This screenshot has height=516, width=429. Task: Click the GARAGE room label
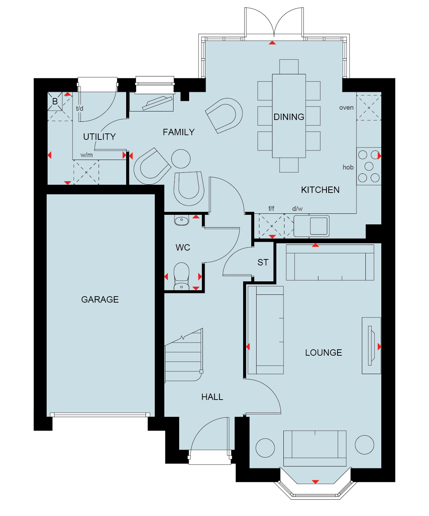click(x=100, y=299)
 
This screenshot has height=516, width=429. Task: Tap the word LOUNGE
click(x=323, y=352)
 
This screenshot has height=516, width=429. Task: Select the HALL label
click(x=212, y=397)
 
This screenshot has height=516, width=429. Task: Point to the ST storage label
click(x=263, y=263)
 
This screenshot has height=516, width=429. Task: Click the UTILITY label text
click(x=99, y=137)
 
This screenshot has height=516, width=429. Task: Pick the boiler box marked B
click(x=55, y=101)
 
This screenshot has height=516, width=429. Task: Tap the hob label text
click(x=348, y=167)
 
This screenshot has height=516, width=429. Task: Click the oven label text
click(x=346, y=108)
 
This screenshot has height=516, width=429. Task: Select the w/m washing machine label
click(x=86, y=155)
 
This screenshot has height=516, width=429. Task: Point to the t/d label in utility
click(x=80, y=108)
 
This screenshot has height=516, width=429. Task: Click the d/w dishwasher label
click(x=297, y=208)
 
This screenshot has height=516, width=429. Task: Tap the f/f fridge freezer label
click(x=271, y=208)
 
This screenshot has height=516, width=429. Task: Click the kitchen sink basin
click(x=318, y=226)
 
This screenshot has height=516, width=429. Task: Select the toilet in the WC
click(x=181, y=276)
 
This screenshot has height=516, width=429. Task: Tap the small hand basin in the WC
click(x=181, y=220)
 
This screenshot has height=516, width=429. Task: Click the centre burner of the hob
click(x=369, y=166)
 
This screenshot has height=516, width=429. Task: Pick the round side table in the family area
click(x=181, y=159)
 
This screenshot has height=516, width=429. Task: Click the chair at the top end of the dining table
click(x=289, y=67)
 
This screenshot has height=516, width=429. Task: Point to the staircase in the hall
click(x=184, y=355)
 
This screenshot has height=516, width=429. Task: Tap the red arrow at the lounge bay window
click(x=315, y=482)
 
